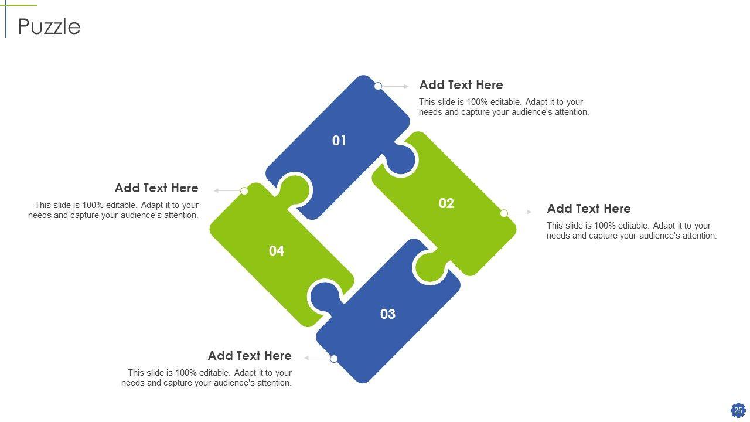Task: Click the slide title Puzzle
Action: click(x=49, y=27)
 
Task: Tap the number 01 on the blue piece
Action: click(x=339, y=141)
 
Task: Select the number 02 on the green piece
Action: click(x=446, y=203)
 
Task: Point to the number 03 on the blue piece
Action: click(x=388, y=314)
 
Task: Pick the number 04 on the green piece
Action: click(x=276, y=251)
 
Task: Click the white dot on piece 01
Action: click(x=378, y=86)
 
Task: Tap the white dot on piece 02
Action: click(x=504, y=213)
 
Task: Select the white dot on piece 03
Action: click(x=334, y=359)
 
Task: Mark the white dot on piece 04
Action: click(x=244, y=191)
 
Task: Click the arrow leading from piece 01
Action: click(x=396, y=86)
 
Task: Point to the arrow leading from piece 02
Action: click(x=520, y=212)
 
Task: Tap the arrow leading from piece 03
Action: click(x=317, y=358)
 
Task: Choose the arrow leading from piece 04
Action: click(x=227, y=190)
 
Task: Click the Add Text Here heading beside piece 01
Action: click(x=461, y=85)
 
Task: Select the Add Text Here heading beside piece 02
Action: click(x=589, y=209)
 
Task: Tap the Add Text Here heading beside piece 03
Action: click(x=250, y=356)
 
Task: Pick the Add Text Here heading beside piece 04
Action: click(x=156, y=188)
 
